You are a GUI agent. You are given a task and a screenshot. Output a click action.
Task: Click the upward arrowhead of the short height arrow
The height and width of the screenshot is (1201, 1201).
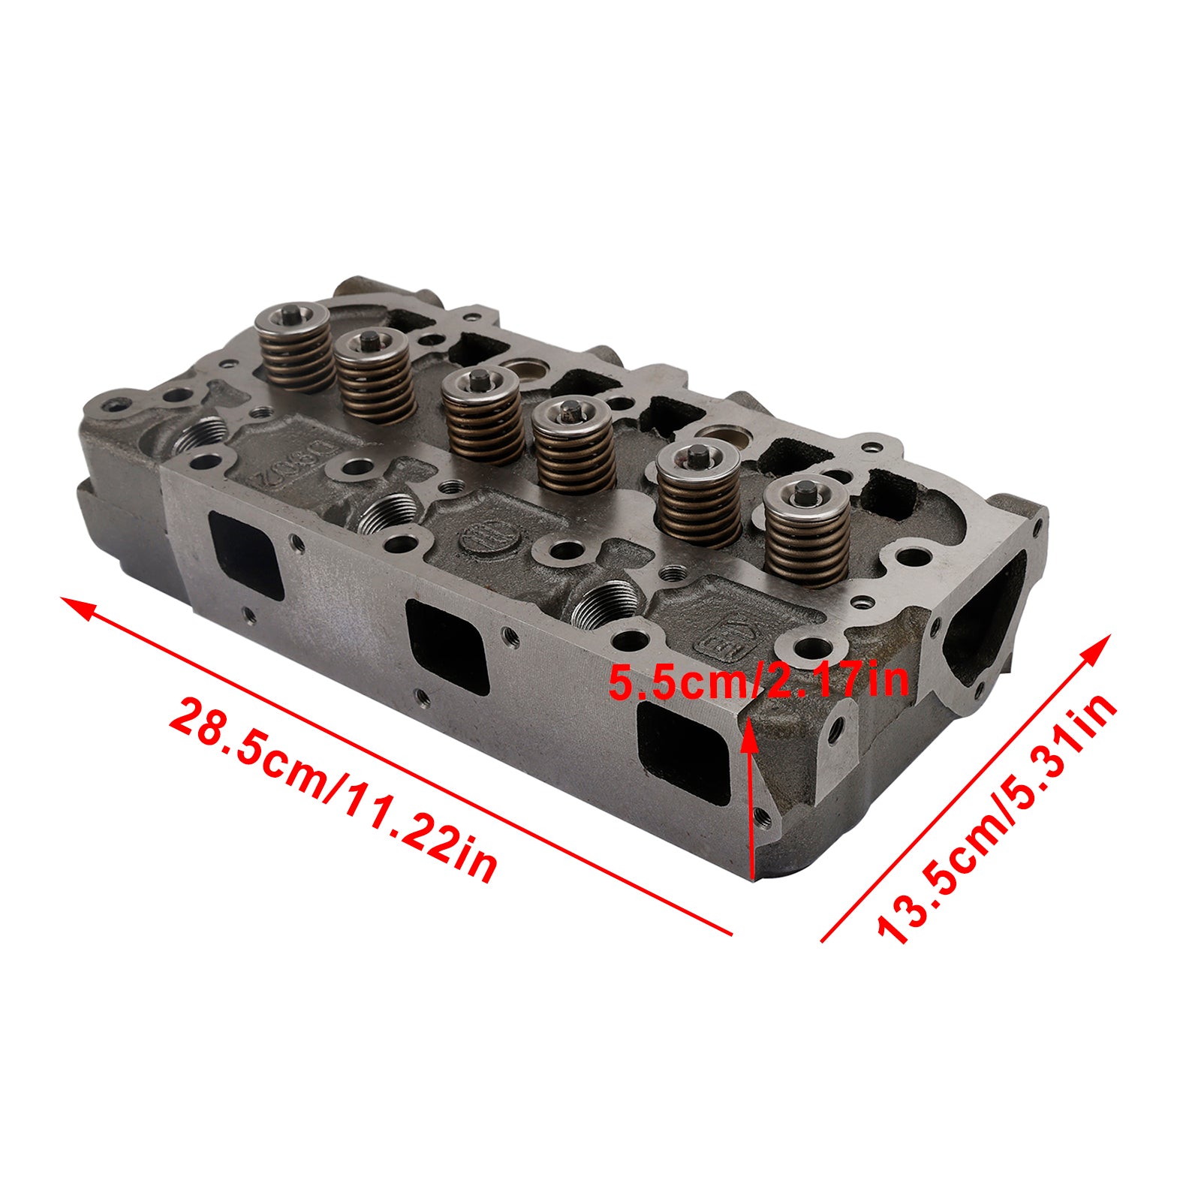[748, 724]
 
